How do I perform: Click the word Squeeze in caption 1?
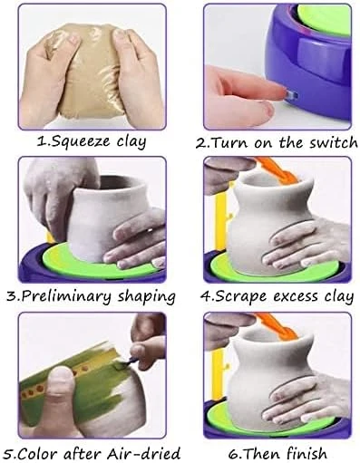pyautogui.click(x=78, y=141)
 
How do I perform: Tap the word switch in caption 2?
pyautogui.click(x=334, y=142)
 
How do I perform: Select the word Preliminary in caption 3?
pyautogui.click(x=66, y=296)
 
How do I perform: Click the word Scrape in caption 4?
pyautogui.click(x=240, y=296)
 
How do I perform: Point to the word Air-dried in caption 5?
pyautogui.click(x=143, y=454)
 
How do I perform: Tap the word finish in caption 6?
pyautogui.click(x=306, y=453)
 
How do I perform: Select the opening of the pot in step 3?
pyautogui.click(x=121, y=183)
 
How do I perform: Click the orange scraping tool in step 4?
pyautogui.click(x=275, y=170)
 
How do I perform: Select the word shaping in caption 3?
pyautogui.click(x=146, y=296)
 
